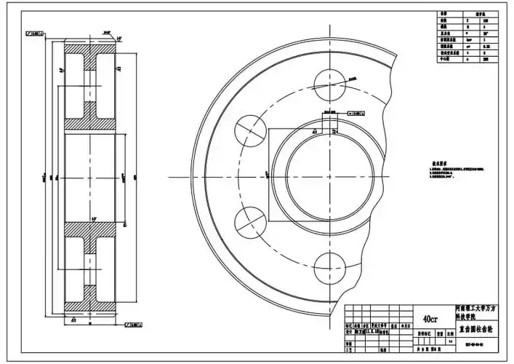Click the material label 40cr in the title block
tap(430, 319)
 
